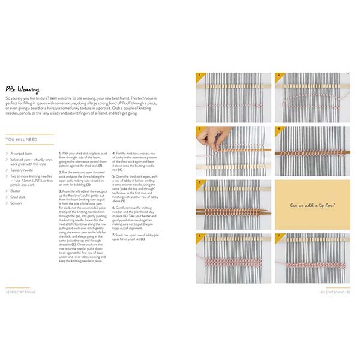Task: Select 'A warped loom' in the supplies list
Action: (23, 154)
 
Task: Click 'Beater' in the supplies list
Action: (17, 190)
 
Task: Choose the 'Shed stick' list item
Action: (19, 196)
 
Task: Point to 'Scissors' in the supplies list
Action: (18, 202)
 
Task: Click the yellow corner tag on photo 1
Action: (200, 76)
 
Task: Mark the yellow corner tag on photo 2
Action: (278, 76)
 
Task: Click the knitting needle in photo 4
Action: (312, 154)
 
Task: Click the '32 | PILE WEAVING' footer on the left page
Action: (21, 292)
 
